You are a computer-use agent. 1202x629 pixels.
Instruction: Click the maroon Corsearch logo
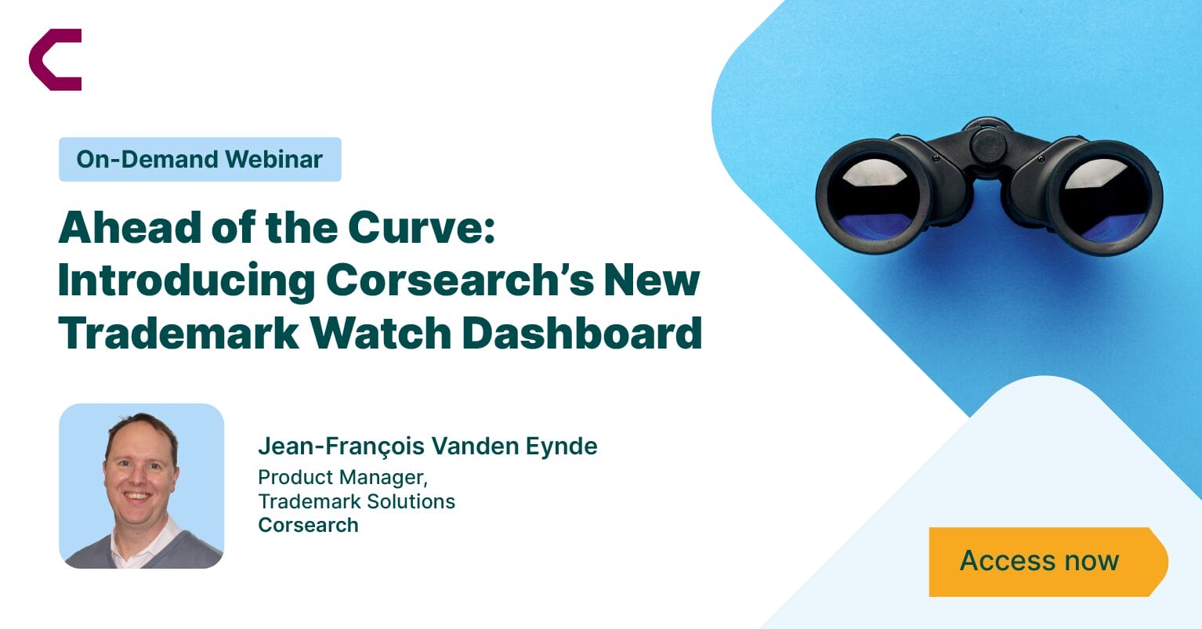click(x=55, y=60)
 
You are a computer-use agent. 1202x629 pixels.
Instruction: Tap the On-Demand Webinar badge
click(x=200, y=159)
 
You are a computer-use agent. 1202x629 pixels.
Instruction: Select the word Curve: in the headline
click(x=422, y=227)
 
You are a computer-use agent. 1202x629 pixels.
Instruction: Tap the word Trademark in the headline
click(x=179, y=333)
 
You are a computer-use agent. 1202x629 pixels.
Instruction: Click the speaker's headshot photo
click(x=142, y=486)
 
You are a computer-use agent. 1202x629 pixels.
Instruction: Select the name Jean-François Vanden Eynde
click(x=428, y=446)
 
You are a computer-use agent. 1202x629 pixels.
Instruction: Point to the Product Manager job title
click(x=342, y=477)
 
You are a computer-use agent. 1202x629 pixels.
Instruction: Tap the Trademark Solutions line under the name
click(x=357, y=501)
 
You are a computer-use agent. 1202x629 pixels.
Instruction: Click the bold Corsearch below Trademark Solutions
click(x=308, y=525)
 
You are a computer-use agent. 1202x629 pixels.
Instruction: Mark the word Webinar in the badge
click(x=273, y=159)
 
